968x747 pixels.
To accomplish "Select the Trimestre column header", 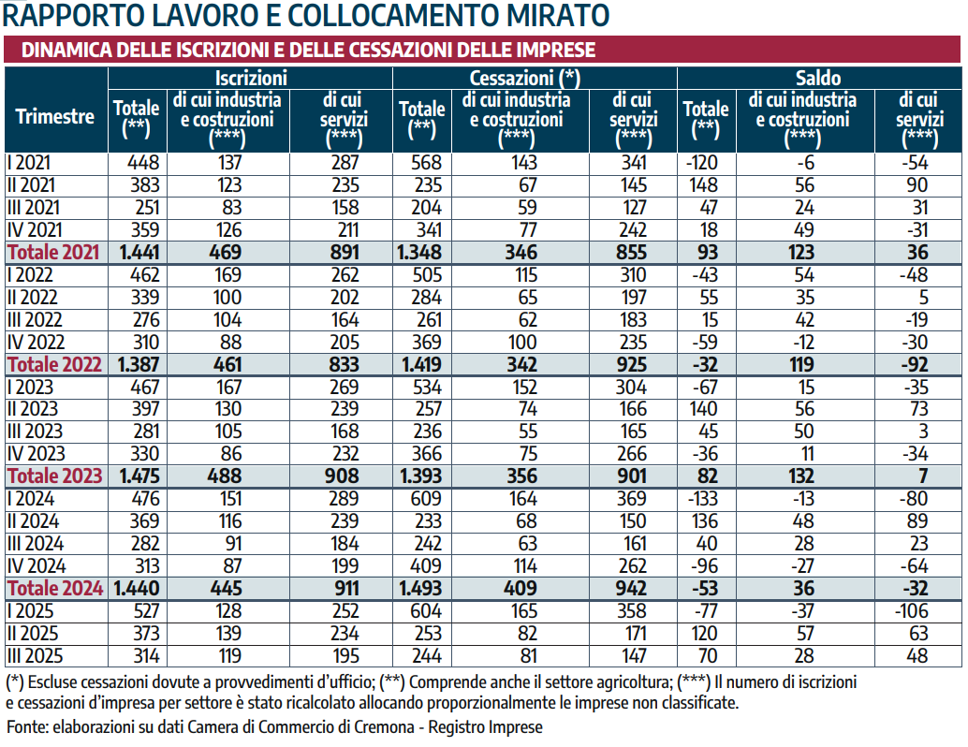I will [x=55, y=117].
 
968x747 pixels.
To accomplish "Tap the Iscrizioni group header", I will [x=250, y=79].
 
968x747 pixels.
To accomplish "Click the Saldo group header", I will [x=817, y=79].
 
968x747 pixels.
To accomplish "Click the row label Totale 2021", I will [x=53, y=252].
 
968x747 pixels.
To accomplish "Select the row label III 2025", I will [x=35, y=656].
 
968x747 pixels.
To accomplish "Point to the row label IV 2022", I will [x=35, y=342].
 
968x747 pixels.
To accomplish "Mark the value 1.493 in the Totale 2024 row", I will [x=422, y=589].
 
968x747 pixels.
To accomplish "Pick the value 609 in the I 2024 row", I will [x=426, y=499].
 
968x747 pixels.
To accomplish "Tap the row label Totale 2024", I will [x=53, y=589].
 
